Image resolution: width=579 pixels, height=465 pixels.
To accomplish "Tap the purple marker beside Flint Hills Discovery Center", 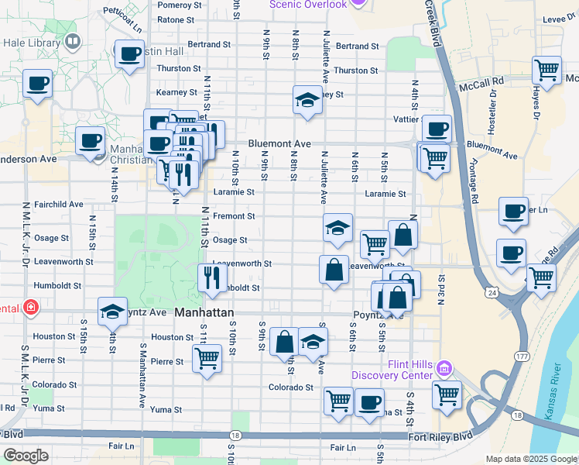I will [x=444, y=366].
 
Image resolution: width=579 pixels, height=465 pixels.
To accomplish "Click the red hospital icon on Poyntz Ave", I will [x=30, y=308].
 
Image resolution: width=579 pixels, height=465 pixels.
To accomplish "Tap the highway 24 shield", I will [x=492, y=292].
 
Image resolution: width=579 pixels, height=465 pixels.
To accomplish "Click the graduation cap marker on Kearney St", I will [x=307, y=100].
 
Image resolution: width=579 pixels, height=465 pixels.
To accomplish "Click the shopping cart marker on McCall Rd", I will [x=546, y=71].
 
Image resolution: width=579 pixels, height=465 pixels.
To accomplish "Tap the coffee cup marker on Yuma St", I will [x=369, y=403].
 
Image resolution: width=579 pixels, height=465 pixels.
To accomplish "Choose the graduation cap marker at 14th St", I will [x=112, y=312].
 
